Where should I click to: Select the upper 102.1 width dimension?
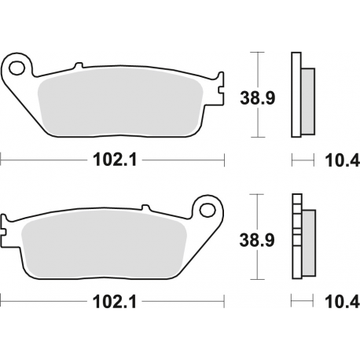pyautogui.click(x=112, y=160)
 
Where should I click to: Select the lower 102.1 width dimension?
pyautogui.click(x=112, y=302)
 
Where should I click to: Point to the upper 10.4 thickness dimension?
pyautogui.click(x=342, y=161)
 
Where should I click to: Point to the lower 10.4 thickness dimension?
pyautogui.click(x=342, y=302)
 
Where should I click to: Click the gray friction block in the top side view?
pyautogui.click(x=307, y=100)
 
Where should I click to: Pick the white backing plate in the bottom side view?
pyautogui.click(x=296, y=236)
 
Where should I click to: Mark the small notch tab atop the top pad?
pyautogui.click(x=78, y=66)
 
